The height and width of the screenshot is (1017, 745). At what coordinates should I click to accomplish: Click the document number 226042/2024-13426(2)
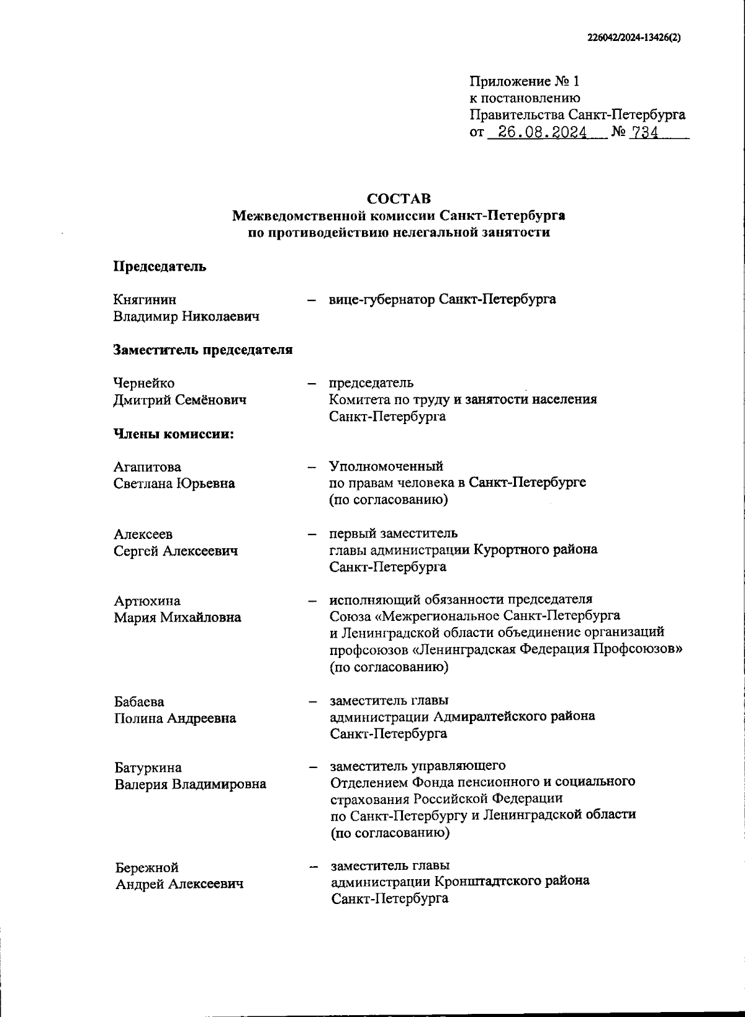click(634, 37)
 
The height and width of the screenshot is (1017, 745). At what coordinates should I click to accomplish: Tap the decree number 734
click(644, 133)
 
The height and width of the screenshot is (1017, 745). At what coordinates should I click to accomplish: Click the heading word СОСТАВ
click(399, 199)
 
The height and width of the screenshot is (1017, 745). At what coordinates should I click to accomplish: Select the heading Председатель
click(160, 267)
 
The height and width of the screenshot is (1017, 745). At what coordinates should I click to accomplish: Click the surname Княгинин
click(145, 301)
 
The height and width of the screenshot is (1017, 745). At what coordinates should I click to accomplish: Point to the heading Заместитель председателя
click(202, 350)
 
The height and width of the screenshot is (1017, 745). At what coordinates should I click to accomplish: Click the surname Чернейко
click(144, 383)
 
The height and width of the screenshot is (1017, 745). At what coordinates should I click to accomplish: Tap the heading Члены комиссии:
click(173, 433)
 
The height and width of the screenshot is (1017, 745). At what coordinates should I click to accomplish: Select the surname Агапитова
click(147, 467)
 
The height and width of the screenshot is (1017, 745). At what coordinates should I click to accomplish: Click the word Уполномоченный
click(386, 466)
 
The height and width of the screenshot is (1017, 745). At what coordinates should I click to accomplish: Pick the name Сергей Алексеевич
click(176, 551)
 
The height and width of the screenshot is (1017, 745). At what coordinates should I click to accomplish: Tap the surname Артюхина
click(147, 601)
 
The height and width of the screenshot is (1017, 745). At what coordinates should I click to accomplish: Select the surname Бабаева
click(139, 702)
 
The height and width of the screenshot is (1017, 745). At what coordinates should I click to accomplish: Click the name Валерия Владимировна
click(190, 784)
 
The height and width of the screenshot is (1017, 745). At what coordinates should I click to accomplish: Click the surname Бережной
click(147, 867)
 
